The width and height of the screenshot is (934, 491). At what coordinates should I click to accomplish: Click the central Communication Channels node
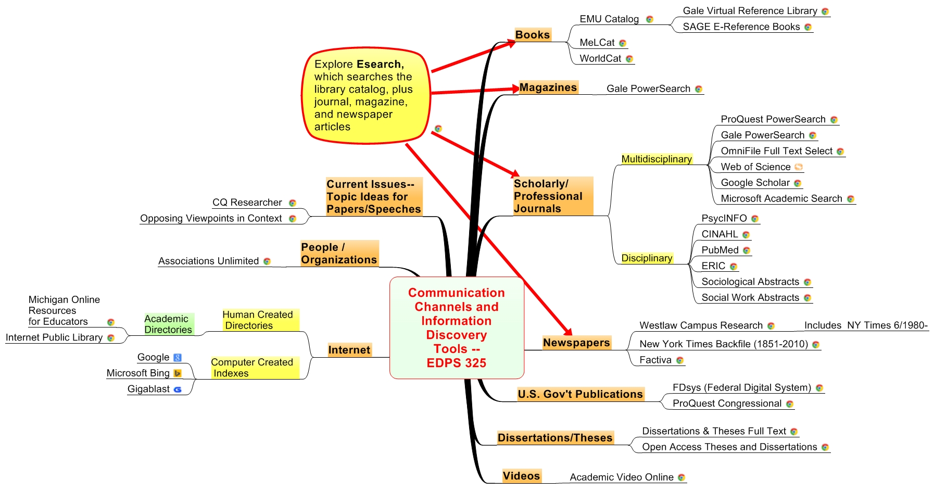pyautogui.click(x=457, y=328)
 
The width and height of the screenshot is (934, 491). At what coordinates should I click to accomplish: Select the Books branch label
pyautogui.click(x=532, y=35)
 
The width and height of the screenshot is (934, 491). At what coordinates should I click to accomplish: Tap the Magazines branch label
pyautogui.click(x=548, y=87)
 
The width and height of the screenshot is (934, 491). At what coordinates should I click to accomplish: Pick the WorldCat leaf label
pyautogui.click(x=600, y=59)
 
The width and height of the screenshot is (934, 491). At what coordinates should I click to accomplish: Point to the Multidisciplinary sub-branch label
pyautogui.click(x=656, y=159)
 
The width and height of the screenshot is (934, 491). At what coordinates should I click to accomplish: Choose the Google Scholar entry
pyautogui.click(x=755, y=183)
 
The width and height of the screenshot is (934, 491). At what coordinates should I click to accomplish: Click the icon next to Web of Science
pyautogui.click(x=799, y=167)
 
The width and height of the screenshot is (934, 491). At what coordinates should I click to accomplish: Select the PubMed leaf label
pyautogui.click(x=720, y=250)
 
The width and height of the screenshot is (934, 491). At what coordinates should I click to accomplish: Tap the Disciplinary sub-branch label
pyautogui.click(x=647, y=258)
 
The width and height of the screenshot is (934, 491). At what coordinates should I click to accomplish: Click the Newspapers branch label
pyautogui.click(x=576, y=343)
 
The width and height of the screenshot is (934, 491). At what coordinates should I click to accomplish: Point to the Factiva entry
pyautogui.click(x=655, y=360)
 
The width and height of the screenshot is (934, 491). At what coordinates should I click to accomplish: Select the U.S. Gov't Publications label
pyautogui.click(x=580, y=394)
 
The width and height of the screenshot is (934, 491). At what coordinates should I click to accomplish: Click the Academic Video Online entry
pyautogui.click(x=621, y=477)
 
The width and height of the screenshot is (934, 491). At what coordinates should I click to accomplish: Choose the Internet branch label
pyautogui.click(x=349, y=350)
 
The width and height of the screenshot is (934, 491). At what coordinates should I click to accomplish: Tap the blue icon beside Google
pyautogui.click(x=178, y=358)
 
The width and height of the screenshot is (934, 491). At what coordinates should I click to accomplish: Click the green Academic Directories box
pyautogui.click(x=168, y=324)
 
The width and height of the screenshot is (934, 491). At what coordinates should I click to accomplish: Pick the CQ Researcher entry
pyautogui.click(x=247, y=203)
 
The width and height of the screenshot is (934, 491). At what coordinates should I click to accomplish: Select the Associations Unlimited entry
pyautogui.click(x=208, y=261)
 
